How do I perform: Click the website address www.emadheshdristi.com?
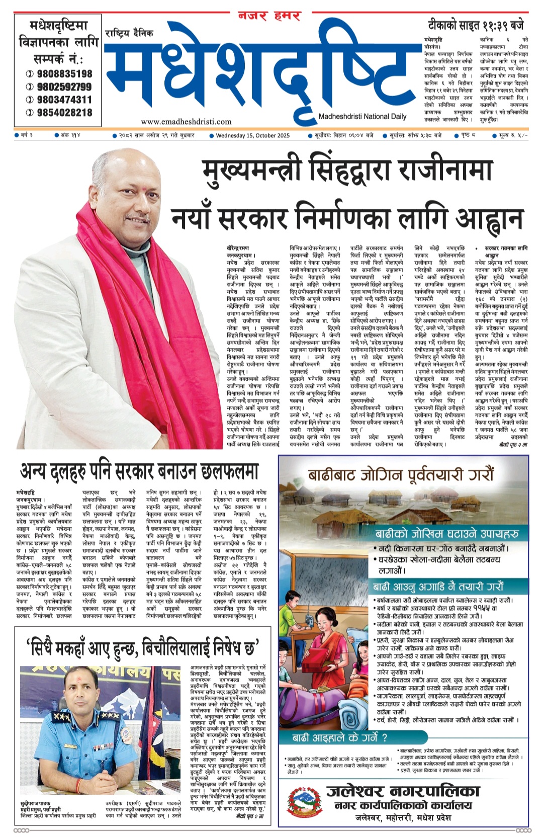click(x=186, y=121)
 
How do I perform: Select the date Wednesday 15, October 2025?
click(x=253, y=135)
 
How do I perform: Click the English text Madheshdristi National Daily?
click(x=362, y=117)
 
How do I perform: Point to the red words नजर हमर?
click(x=269, y=16)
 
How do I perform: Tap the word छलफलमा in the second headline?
click(x=229, y=471)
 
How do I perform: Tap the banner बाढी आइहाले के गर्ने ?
click(x=340, y=738)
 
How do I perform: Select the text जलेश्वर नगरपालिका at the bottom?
click(x=403, y=791)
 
